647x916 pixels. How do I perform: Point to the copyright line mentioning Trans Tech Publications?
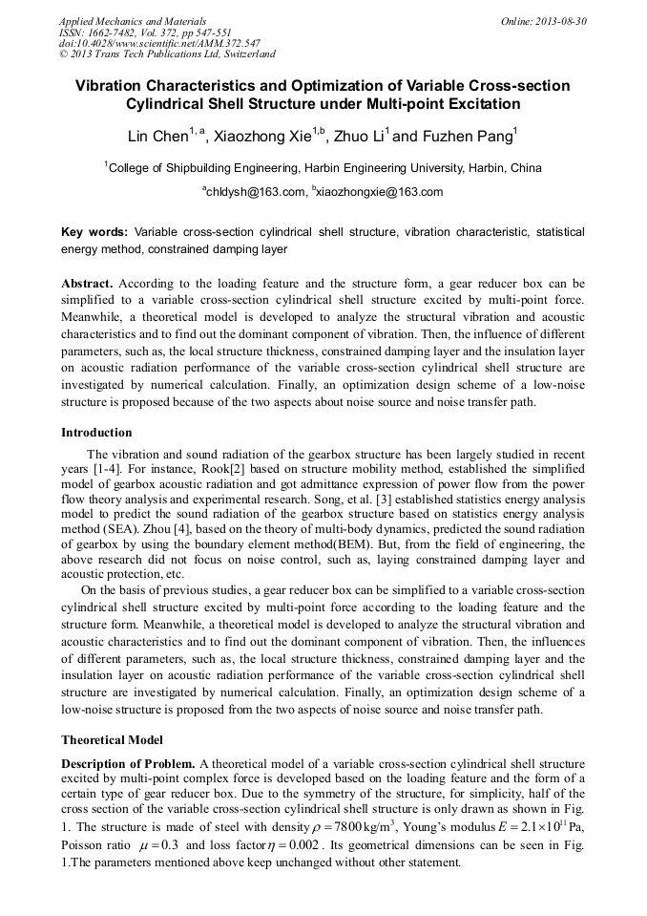pos(167,54)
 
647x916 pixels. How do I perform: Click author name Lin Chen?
pos(157,137)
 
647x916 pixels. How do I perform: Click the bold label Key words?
pos(94,232)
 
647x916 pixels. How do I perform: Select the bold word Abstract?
pos(87,285)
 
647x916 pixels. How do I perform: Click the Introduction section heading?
pos(96,433)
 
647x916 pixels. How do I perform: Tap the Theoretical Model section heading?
pos(112,739)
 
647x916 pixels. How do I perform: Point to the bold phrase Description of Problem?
pos(128,763)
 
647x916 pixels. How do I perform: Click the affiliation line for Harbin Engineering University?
pos(323,168)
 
